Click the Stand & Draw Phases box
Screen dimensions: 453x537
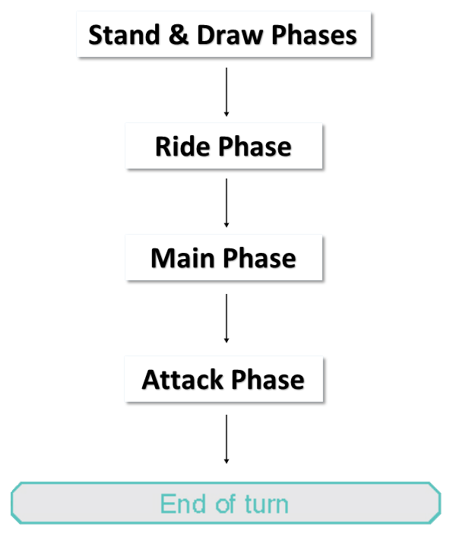pyautogui.click(x=223, y=34)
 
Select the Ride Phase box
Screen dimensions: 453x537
pyautogui.click(x=223, y=146)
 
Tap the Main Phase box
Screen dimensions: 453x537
pyautogui.click(x=223, y=257)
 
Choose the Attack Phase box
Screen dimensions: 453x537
pyautogui.click(x=223, y=379)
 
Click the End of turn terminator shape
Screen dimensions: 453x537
pyautogui.click(x=226, y=503)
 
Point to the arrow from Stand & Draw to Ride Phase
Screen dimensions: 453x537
pyautogui.click(x=226, y=92)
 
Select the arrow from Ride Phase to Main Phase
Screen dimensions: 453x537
pyautogui.click(x=226, y=203)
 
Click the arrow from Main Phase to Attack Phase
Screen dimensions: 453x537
pyautogui.click(x=226, y=318)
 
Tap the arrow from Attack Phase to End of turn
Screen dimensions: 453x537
pyautogui.click(x=226, y=439)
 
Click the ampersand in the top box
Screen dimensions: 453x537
pyautogui.click(x=179, y=35)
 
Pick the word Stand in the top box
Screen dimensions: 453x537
pyautogui.click(x=124, y=35)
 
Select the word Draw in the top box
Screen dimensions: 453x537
pyautogui.click(x=230, y=35)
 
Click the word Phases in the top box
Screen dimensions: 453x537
pyautogui.click(x=314, y=35)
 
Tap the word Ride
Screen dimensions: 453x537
pyautogui.click(x=182, y=147)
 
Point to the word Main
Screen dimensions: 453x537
pyautogui.click(x=182, y=258)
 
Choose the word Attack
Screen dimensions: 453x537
pyautogui.click(x=182, y=380)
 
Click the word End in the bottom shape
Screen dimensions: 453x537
pyautogui.click(x=183, y=504)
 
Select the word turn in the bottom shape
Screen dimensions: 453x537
pyautogui.click(x=267, y=504)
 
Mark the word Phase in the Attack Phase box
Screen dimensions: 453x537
pyautogui.click(x=268, y=380)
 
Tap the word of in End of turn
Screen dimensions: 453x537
pyautogui.click(x=226, y=504)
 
